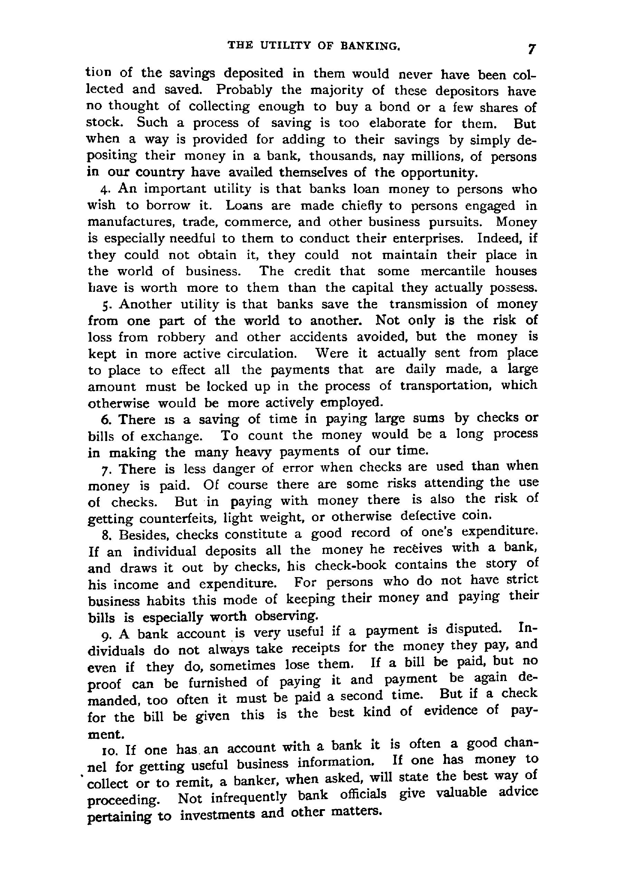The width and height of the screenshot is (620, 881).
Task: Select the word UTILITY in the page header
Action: tap(286, 46)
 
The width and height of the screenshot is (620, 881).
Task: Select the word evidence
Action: tap(451, 711)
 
